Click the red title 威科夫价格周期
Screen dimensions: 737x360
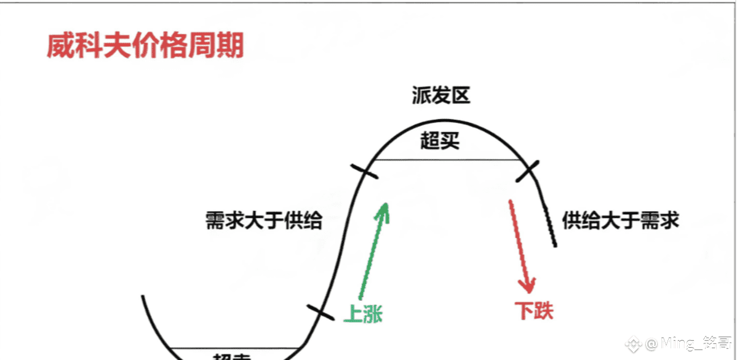145,46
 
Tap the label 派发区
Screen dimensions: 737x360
441,97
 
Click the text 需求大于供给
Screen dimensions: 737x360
264,220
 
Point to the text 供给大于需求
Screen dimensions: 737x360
620,220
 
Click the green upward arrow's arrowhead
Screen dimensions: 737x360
384,208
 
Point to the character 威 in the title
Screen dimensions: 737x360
61,46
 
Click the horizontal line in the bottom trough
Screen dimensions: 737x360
234,347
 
